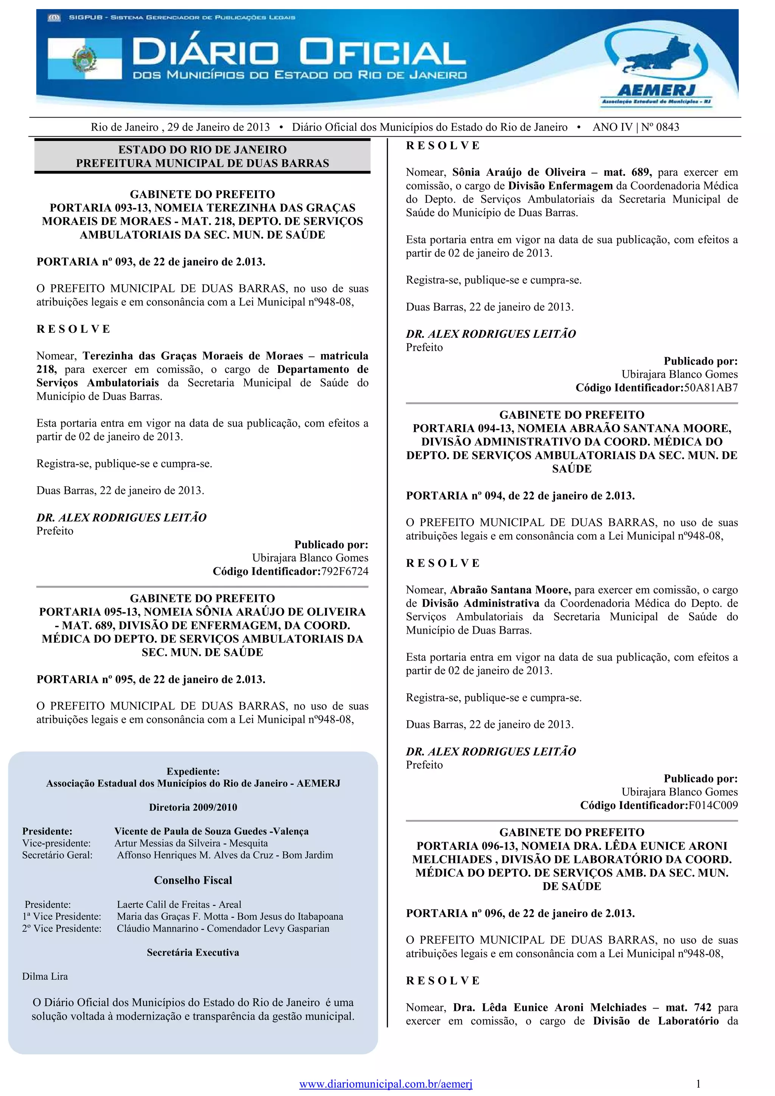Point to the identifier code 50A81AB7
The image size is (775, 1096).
711,388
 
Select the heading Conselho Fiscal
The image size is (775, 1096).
193,880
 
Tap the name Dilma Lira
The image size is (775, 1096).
45,976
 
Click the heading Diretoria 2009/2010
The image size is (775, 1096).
193,807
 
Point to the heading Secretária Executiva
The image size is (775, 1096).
193,952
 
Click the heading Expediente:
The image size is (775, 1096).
193,772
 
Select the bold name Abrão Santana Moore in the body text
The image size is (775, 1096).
510,590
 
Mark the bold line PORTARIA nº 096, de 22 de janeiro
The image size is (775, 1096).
520,913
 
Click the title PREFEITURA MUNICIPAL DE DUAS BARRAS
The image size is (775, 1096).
202,163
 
